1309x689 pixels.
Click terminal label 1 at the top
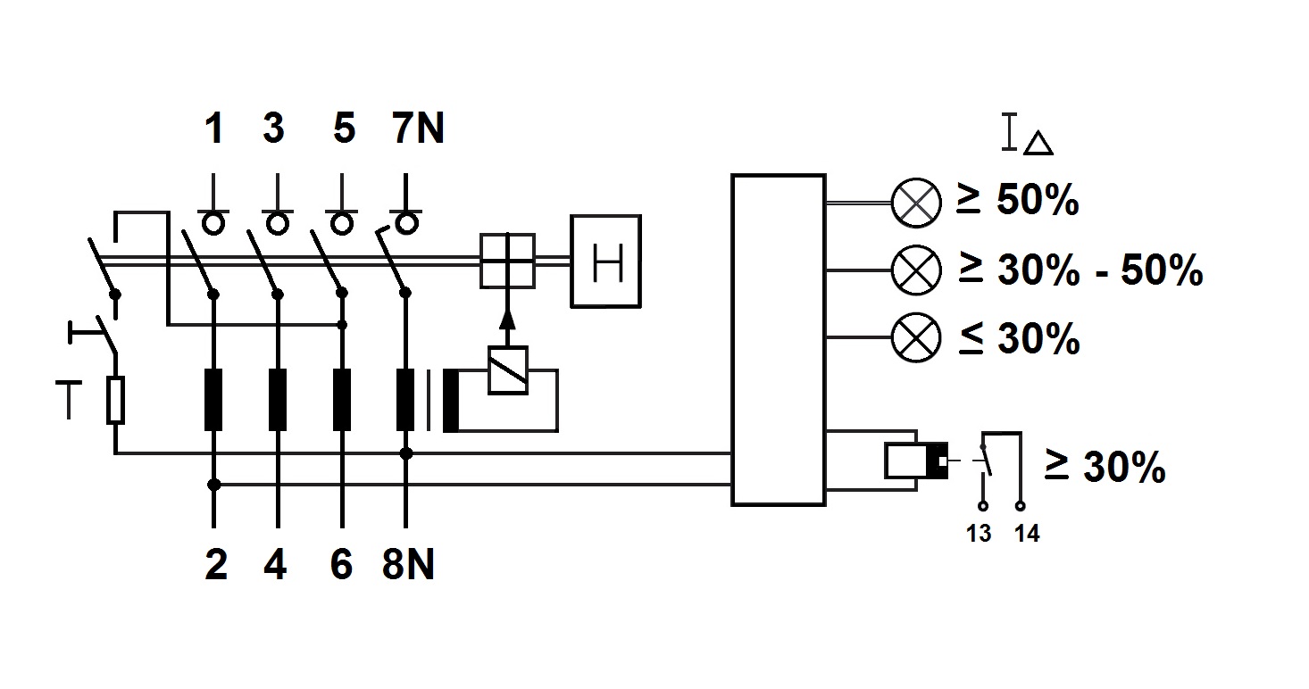click(213, 129)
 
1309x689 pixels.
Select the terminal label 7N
click(417, 129)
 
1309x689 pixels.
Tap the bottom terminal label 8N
click(407, 565)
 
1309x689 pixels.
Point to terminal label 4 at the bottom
click(276, 565)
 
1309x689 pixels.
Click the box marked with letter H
click(606, 261)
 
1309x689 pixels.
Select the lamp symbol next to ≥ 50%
click(916, 203)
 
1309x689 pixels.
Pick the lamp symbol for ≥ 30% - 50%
click(916, 270)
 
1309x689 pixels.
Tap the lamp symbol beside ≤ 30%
click(916, 338)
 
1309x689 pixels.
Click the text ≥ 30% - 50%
click(1080, 270)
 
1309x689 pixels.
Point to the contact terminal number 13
click(980, 534)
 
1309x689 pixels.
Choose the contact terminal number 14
click(1028, 534)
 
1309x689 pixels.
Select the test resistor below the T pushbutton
click(115, 400)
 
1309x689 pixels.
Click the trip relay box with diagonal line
click(508, 369)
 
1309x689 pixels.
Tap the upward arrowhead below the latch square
click(508, 319)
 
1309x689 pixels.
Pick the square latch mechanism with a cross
click(507, 261)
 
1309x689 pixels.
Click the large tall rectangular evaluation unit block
click(778, 340)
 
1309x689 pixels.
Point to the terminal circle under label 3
click(277, 222)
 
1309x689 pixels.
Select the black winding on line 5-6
click(341, 399)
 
